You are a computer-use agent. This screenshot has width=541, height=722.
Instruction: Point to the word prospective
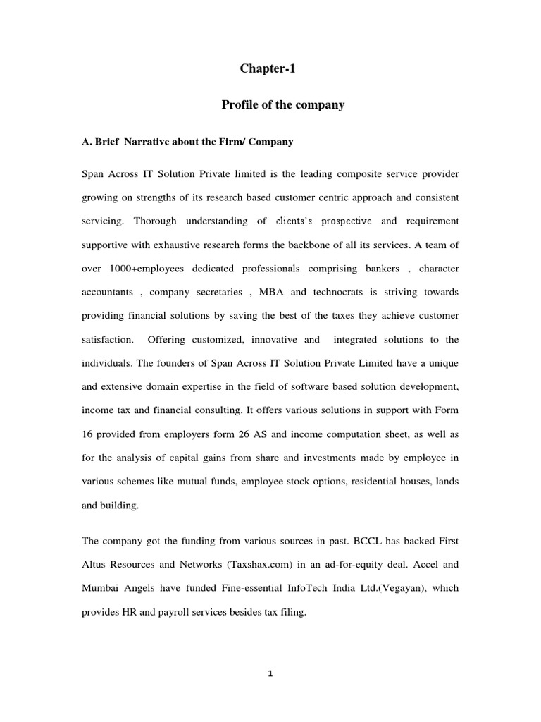coord(347,221)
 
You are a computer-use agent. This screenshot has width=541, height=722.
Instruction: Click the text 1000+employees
coord(153,269)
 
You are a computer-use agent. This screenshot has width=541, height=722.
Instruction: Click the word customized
coord(215,339)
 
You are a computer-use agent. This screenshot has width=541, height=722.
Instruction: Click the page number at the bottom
coord(270,673)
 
